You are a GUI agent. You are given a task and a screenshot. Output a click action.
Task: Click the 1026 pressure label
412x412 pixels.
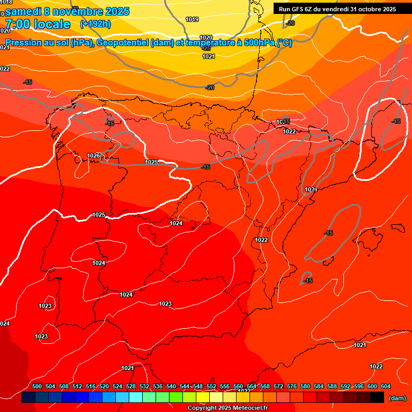pyautogui.click(x=93, y=156)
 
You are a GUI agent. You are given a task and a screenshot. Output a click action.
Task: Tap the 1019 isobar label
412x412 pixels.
pyautogui.click(x=192, y=20)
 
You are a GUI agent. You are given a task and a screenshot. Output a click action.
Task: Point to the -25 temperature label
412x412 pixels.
pyautogui.click(x=206, y=48)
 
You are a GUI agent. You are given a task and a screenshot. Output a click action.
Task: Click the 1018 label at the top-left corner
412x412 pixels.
pyautogui.click(x=6, y=2)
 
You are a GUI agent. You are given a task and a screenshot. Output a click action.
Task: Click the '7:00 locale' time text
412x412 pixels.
pyautogui.click(x=38, y=24)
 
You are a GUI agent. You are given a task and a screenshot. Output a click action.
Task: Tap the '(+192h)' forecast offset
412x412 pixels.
pyautogui.click(x=95, y=24)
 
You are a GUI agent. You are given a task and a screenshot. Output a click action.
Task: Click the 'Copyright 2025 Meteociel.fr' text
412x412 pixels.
pyautogui.click(x=228, y=408)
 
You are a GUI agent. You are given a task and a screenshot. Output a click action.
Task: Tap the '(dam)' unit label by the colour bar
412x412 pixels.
pyautogui.click(x=397, y=398)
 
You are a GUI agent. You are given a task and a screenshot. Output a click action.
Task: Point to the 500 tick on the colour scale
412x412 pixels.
pyautogui.click(x=37, y=386)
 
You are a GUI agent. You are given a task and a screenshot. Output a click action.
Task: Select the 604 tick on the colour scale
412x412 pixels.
pyautogui.click(x=385, y=386)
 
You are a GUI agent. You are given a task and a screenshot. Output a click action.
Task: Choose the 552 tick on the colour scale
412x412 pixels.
pyautogui.click(x=211, y=386)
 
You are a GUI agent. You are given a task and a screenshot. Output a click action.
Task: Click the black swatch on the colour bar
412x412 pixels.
pyautogui.click(x=377, y=398)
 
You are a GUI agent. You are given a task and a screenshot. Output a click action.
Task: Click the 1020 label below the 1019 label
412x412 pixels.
pyautogui.click(x=206, y=38)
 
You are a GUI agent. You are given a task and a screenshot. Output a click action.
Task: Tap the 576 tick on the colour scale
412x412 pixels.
pyautogui.click(x=292, y=386)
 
